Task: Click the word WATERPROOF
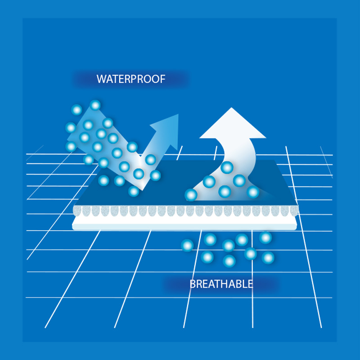tap(131, 79)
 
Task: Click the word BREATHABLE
tap(221, 284)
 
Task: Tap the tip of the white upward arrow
tap(231, 108)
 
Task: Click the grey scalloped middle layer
tap(185, 211)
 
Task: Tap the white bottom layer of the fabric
tap(184, 223)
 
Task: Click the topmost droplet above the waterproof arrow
tap(95, 105)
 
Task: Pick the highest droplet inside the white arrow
tap(227, 167)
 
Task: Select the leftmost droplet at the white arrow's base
tap(191, 195)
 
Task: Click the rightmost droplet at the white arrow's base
tap(253, 192)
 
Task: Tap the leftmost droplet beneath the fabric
tap(187, 245)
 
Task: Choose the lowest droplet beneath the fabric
tap(229, 261)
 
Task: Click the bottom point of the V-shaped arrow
tap(142, 190)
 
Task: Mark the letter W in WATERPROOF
tap(101, 79)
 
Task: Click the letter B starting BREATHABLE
tap(193, 284)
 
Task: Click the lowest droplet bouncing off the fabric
tap(134, 191)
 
